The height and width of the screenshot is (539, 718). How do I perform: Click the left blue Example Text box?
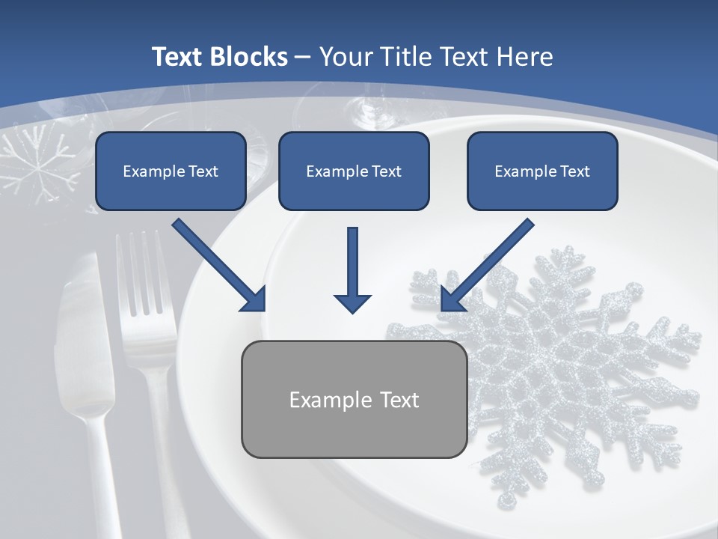point(171,171)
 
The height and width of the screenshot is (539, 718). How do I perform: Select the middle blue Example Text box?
point(354,171)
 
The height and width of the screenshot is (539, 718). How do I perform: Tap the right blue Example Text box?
point(542,171)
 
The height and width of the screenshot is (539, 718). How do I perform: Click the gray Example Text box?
point(354,399)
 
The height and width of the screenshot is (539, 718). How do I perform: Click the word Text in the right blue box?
point(575,171)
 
